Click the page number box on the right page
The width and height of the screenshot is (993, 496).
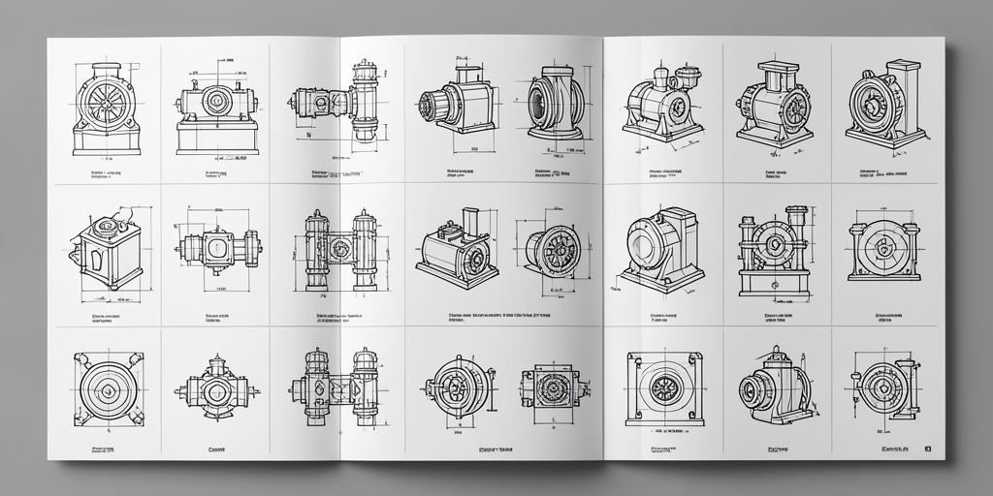(x=928, y=449)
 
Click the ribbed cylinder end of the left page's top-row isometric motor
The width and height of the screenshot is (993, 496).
(x=432, y=105)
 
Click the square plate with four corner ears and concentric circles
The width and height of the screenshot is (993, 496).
(x=108, y=386)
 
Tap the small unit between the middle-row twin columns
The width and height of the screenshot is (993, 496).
(x=340, y=249)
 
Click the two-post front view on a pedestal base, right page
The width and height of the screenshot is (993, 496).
(x=773, y=250)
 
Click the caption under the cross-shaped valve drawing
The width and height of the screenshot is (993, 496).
(x=217, y=449)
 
